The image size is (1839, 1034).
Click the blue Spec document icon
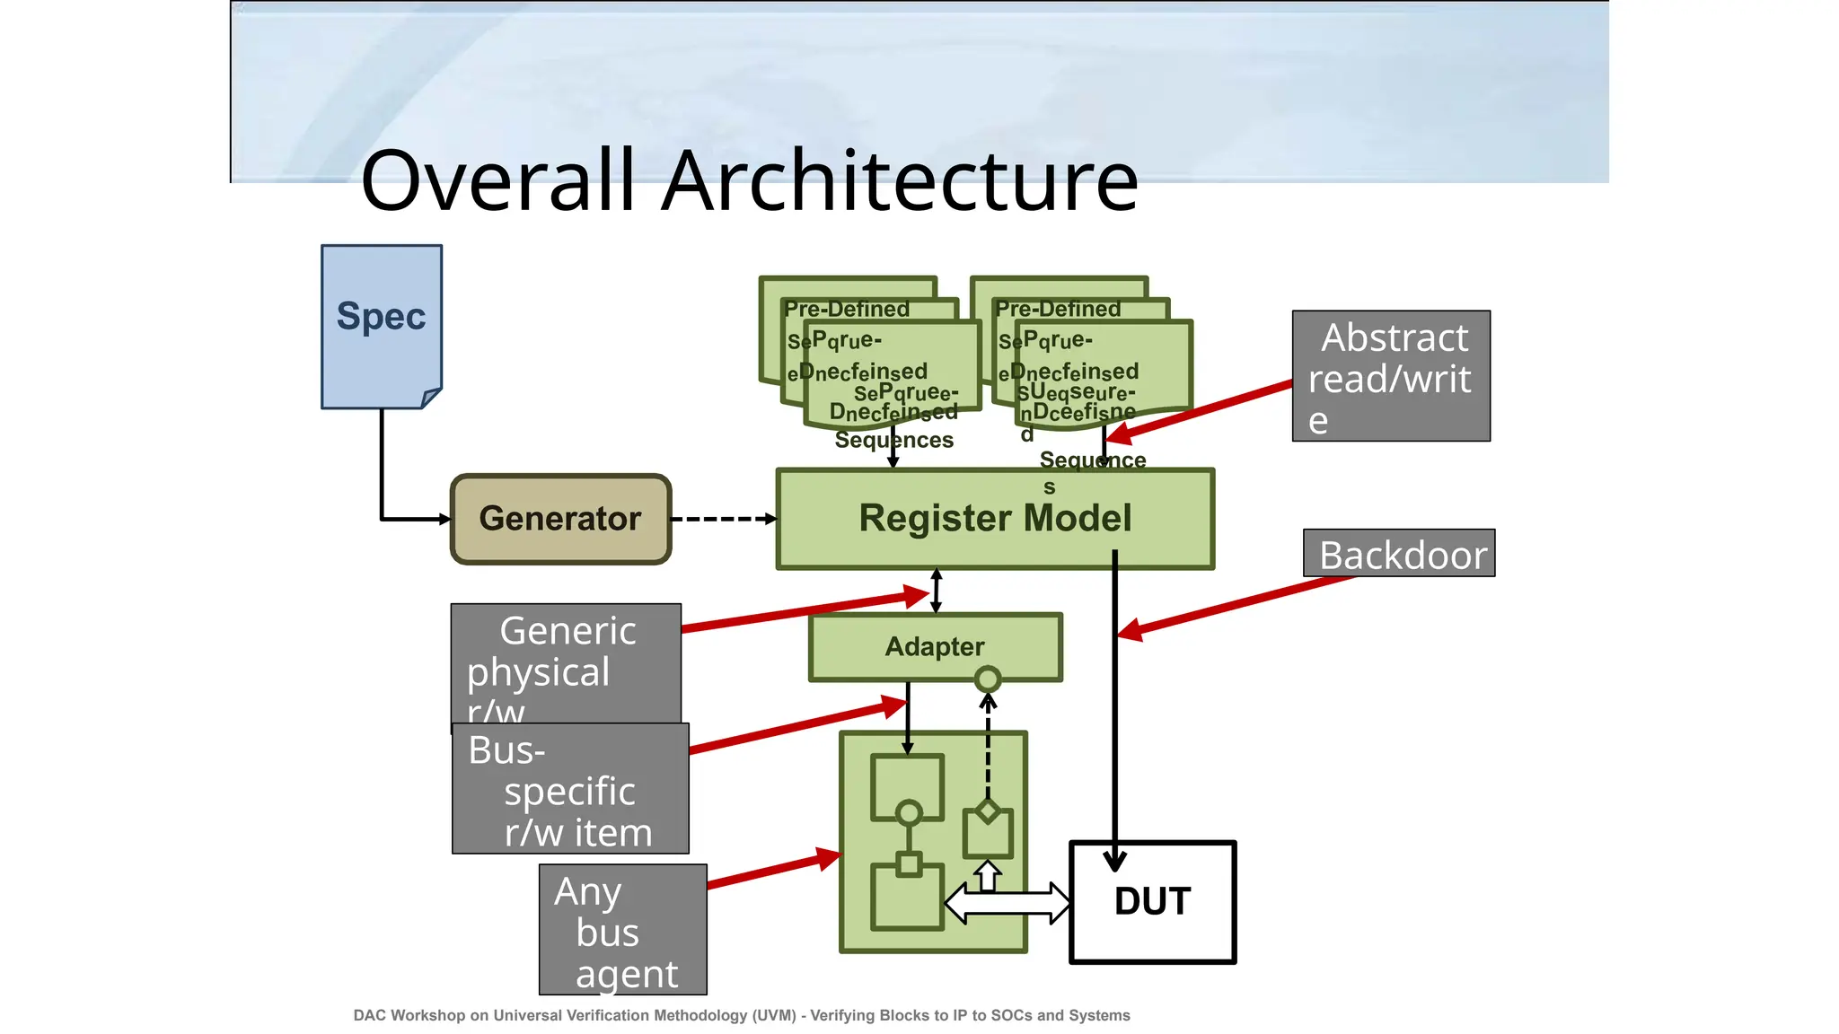pos(382,327)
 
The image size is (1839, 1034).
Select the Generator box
pos(561,519)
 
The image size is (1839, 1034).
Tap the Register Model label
pos(995,519)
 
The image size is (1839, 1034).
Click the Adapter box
pos(935,647)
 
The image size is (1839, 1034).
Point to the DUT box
pos(1152,902)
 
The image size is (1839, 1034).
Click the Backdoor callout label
pos(1399,554)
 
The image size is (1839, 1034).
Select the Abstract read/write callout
pos(1391,376)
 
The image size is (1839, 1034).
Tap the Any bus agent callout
pos(623,930)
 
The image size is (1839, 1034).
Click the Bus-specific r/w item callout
pos(570,789)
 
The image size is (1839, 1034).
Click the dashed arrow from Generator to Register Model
pos(723,519)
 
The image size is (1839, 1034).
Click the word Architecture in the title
pos(900,181)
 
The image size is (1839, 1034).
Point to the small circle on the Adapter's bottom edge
pos(988,679)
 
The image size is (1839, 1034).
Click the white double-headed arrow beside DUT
pos(1007,903)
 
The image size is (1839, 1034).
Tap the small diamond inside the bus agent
pos(988,811)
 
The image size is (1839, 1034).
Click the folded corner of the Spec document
pos(432,398)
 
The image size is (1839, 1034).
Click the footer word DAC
pos(372,1015)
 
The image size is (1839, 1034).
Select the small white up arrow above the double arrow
pos(988,875)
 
